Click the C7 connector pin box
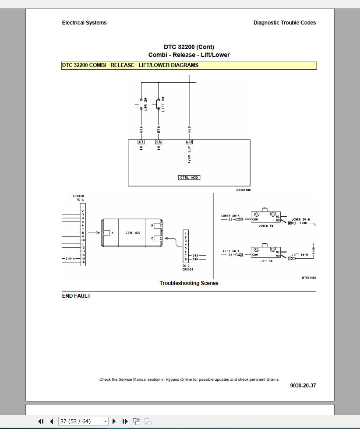[141, 142]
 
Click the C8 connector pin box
[159, 142]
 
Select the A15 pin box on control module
[189, 142]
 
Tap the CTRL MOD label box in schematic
[189, 177]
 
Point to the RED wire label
[189, 130]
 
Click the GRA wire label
[141, 130]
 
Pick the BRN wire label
[159, 130]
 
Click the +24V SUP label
[189, 155]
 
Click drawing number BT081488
[244, 190]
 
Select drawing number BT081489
[309, 278]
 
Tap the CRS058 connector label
[78, 196]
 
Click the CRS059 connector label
[188, 269]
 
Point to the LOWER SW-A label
[230, 216]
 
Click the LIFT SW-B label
[300, 254]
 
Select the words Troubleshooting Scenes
[189, 283]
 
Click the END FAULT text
[76, 296]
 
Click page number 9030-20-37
[303, 386]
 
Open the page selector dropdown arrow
[105, 421]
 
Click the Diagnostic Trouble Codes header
[284, 23]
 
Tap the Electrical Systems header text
[84, 23]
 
